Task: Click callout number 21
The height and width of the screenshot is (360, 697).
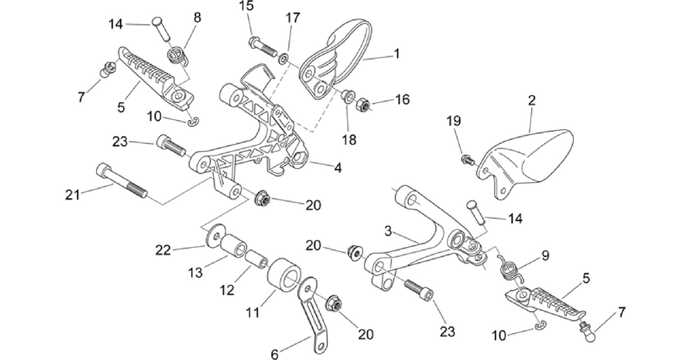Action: coord(73,194)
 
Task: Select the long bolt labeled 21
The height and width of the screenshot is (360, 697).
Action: coord(122,180)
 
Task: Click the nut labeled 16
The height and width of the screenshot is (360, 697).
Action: coord(362,105)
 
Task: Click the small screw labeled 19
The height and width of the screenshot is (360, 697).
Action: coord(468,159)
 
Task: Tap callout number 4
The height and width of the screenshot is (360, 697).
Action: coord(338,168)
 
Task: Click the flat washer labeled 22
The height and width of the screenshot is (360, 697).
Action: coord(214,235)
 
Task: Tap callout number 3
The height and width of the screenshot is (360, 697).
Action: coord(389,231)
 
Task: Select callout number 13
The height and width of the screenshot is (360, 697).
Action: coord(195,273)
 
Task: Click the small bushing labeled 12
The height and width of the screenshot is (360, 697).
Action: coord(257,259)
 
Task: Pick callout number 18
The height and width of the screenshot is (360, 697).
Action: coord(349,139)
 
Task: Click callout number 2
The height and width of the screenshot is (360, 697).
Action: coord(531,100)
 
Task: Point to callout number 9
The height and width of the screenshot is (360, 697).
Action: coord(545,255)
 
